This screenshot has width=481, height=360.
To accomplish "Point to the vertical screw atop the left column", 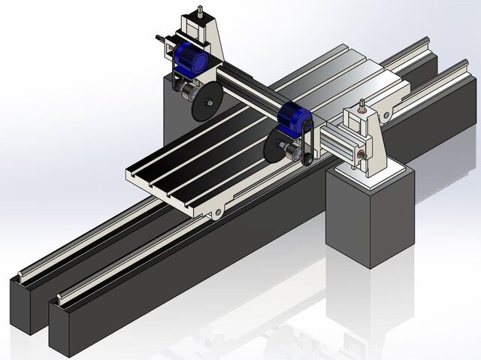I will pyautogui.click(x=201, y=13).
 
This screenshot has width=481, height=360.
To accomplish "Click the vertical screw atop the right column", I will pyautogui.click(x=362, y=104).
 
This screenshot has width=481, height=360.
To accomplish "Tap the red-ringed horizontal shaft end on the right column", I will pyautogui.click(x=362, y=154).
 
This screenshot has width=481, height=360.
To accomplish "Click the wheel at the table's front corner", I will pyautogui.click(x=217, y=214).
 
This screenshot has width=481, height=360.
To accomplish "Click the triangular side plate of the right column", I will pyautogui.click(x=380, y=139).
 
